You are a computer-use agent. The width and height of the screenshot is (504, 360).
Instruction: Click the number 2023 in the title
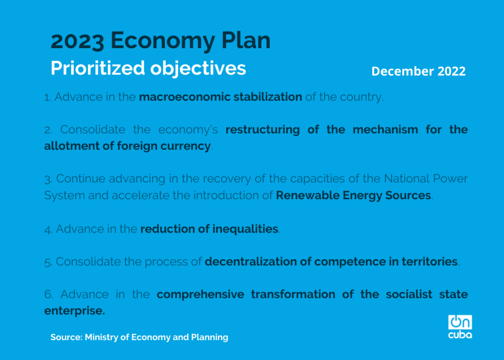[x=77, y=41]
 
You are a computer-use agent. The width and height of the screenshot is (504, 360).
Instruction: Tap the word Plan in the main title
[x=246, y=40]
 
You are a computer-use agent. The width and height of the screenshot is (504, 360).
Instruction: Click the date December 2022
[x=418, y=71]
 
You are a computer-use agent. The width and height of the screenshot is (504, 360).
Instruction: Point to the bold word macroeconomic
[x=185, y=97]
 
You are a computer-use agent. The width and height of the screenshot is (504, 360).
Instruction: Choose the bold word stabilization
[x=268, y=97]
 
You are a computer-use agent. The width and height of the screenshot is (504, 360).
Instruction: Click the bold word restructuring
[x=263, y=130]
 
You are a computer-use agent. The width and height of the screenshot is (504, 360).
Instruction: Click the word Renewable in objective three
[x=308, y=195]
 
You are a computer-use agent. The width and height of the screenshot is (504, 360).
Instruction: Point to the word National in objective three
[x=407, y=179]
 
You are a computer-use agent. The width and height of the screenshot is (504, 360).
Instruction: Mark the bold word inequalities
[x=245, y=229]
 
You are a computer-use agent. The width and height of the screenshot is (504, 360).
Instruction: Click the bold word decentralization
[x=251, y=262]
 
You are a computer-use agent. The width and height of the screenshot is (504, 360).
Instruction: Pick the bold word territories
[x=430, y=262]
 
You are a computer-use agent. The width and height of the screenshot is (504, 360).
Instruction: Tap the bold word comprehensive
[x=201, y=295]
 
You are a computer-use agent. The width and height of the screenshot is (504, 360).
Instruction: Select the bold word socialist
[x=409, y=295]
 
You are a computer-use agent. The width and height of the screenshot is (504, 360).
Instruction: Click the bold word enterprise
[x=75, y=311]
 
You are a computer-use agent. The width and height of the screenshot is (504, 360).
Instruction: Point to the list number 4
[x=48, y=230]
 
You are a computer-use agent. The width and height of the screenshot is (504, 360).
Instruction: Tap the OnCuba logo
[x=460, y=327]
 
